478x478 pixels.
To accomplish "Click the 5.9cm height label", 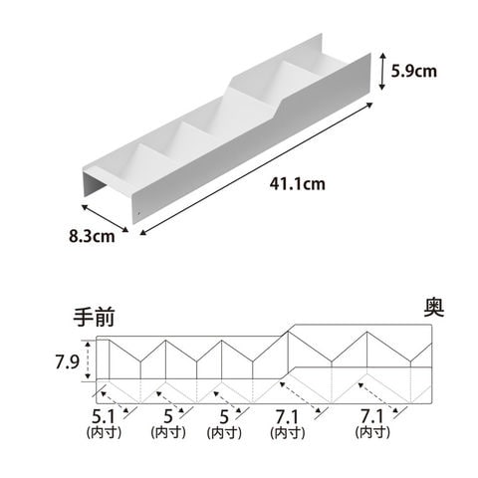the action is pos(413,71).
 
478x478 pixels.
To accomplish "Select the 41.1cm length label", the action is pos(297,183).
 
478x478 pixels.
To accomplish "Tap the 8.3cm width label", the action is pos(92,236).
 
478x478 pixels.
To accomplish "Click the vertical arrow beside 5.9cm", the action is pos(382,71).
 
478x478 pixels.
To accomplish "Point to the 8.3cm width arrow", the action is pos(105,218).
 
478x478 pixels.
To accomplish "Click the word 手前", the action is pos(95,317).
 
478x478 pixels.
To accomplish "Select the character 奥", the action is pos(434,308).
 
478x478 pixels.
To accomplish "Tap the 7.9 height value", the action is pos(67,361).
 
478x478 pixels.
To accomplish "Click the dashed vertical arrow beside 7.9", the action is pos(88,360).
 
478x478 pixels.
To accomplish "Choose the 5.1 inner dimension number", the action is pos(103,416).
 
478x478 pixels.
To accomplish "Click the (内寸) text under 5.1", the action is pos(104,432).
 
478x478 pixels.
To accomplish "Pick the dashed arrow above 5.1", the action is pos(115,402).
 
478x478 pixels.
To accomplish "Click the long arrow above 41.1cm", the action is pos(256,169).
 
